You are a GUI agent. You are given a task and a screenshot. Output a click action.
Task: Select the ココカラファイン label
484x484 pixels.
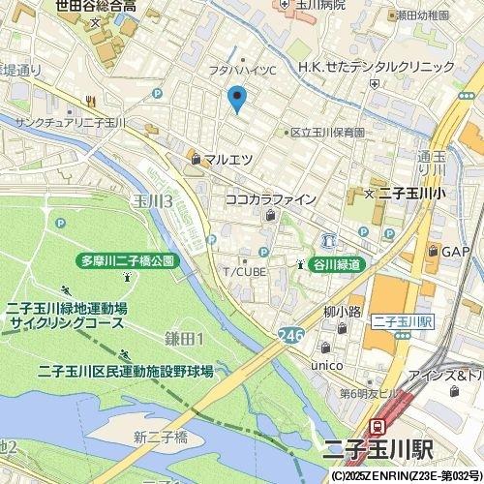270,199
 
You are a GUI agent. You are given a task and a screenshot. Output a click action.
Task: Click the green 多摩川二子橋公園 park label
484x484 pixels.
127,261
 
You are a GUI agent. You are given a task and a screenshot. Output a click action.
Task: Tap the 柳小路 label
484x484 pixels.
343,312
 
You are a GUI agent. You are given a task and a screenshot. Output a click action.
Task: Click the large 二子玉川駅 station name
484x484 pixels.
399,452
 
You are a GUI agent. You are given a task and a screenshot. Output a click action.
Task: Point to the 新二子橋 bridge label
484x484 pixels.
160,438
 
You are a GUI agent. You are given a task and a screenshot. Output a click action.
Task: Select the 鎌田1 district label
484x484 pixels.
183,338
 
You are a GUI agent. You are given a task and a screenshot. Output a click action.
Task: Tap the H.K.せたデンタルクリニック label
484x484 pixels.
377,67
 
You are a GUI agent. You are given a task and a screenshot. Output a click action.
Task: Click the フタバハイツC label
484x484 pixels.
242,71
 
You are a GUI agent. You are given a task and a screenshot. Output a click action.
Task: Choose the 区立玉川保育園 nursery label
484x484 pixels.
328,132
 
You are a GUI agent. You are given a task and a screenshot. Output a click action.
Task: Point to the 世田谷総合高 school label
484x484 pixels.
95,6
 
